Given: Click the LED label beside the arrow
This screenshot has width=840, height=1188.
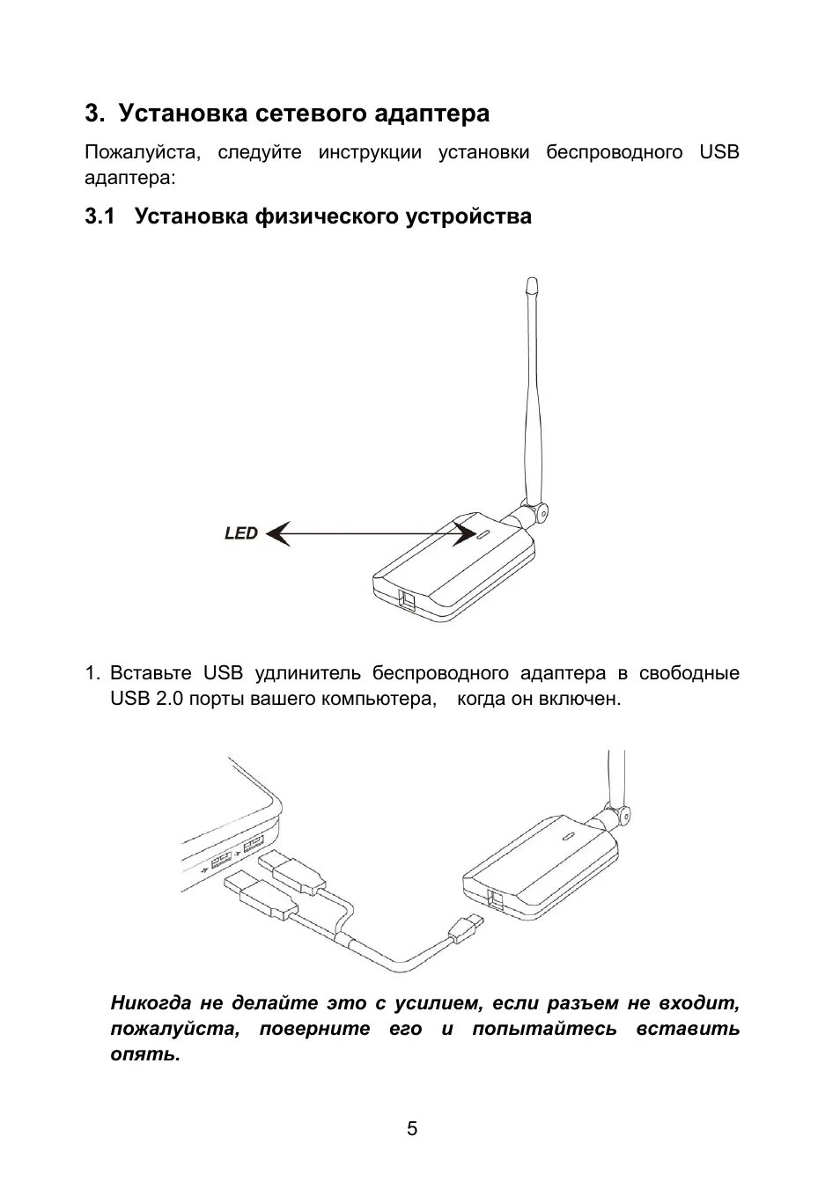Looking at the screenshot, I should point(240,533).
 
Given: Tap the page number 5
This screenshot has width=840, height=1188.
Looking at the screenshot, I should point(412,1129).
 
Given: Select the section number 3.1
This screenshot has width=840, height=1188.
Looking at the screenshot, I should point(100,216).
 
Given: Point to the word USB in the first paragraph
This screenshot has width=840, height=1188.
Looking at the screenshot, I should point(719,152).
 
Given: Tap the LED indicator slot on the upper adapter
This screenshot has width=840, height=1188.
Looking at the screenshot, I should point(485,533).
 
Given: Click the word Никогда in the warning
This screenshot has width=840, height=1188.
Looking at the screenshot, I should point(151,1003).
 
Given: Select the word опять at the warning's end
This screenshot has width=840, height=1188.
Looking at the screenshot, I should point(144,1054).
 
